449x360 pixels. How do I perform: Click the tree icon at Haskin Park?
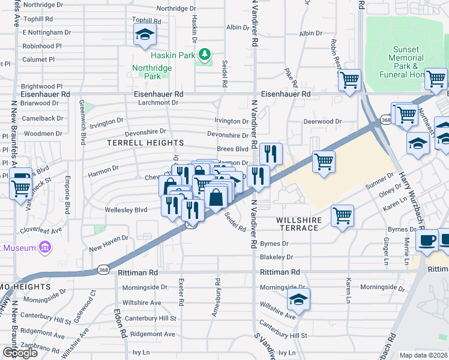205,55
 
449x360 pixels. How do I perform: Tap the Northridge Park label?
152,72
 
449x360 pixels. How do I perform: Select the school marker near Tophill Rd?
145,35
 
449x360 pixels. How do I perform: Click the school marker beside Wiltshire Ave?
298,299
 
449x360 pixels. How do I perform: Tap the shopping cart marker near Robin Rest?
349,80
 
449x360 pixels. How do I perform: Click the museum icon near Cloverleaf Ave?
44,247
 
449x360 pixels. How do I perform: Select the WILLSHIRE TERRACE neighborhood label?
298,224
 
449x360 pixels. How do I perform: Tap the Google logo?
19,353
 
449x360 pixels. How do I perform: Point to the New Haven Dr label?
109,238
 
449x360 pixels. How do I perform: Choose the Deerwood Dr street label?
322,121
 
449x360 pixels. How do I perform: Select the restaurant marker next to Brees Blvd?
271,154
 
